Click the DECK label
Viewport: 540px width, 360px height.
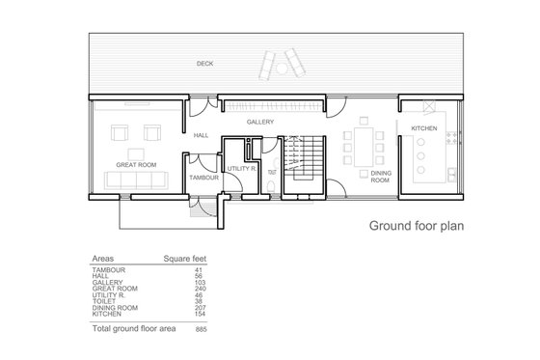[x=204, y=64]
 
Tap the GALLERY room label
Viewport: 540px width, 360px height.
[x=260, y=123]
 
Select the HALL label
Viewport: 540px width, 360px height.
[x=201, y=136]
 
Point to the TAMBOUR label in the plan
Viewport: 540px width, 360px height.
[x=203, y=179]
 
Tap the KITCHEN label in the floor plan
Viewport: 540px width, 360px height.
[x=424, y=128]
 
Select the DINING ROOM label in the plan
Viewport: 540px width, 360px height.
[x=381, y=176]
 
